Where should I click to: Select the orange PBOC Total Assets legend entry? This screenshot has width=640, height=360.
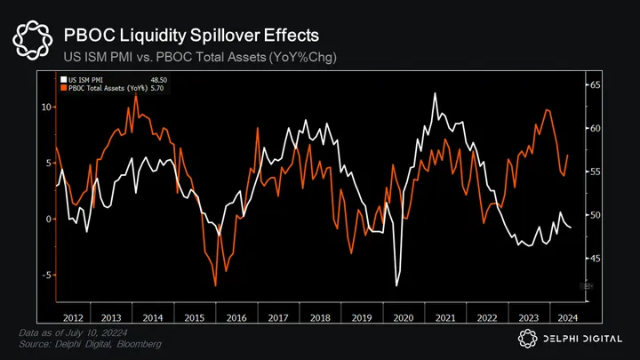105,89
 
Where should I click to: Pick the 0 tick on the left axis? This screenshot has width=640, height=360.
50,219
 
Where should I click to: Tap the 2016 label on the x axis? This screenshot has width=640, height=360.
236,317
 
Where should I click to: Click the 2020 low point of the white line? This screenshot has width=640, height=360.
396,285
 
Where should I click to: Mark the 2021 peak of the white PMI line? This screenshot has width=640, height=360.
434,93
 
